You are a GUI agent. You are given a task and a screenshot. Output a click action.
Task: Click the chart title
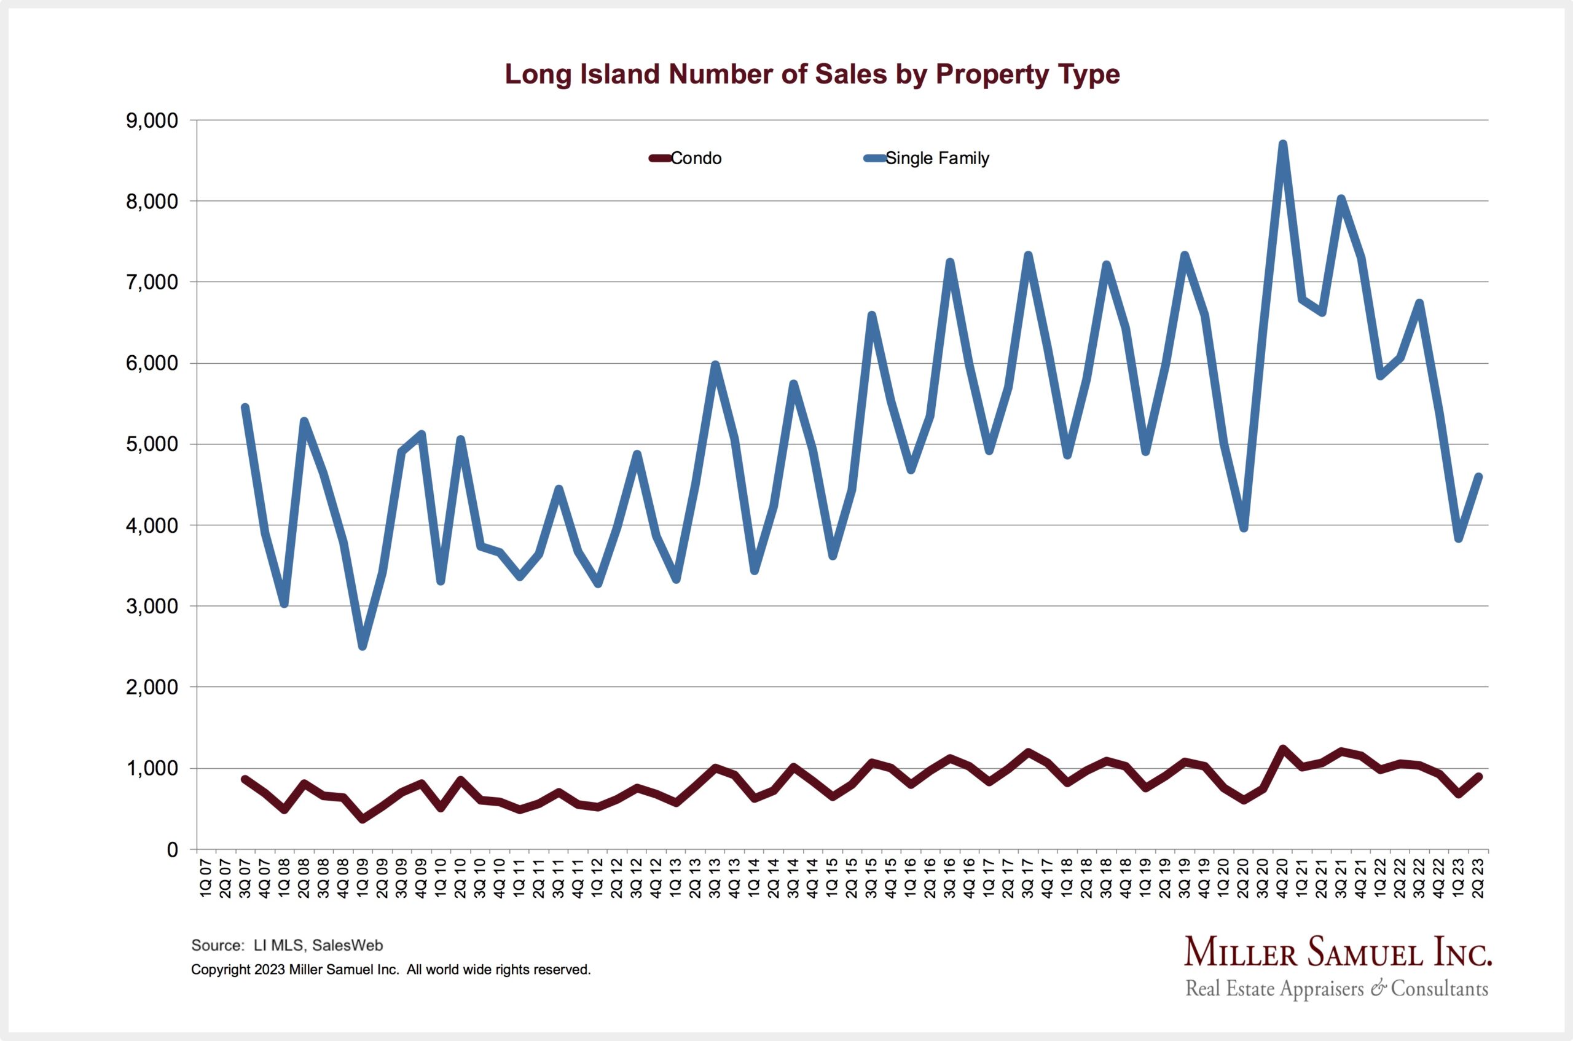812,74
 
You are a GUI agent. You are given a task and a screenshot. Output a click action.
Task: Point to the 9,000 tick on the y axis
152,121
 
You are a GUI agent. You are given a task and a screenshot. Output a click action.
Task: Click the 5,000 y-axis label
152,444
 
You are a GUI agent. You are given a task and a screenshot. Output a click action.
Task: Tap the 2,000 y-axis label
152,687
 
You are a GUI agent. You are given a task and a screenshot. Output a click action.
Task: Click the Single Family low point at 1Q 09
363,646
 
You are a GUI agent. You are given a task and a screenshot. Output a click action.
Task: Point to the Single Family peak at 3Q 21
1341,198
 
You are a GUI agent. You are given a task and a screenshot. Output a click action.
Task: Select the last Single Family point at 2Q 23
1478,476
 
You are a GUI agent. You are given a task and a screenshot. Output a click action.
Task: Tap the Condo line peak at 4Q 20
1283,749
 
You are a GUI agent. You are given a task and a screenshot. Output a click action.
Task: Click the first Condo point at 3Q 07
245,779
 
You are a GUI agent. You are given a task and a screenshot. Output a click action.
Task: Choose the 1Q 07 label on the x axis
206,878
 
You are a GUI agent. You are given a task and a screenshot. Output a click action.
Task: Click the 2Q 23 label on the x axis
1479,878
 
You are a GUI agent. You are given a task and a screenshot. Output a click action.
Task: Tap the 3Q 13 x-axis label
715,878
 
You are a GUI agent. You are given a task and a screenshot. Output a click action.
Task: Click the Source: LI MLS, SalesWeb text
287,945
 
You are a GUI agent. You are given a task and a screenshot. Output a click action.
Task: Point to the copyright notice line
391,969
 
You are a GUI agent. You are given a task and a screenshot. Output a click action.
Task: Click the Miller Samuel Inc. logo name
1338,953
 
